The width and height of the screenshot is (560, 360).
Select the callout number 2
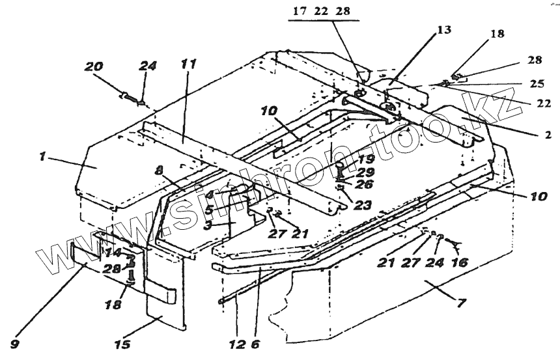pyautogui.click(x=548, y=135)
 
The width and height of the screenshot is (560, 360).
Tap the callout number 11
pyautogui.click(x=188, y=64)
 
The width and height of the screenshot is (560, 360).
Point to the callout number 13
pyautogui.click(x=444, y=30)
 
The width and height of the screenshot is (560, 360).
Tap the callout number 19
pyautogui.click(x=365, y=159)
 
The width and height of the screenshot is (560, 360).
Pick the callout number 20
pyautogui.click(x=94, y=66)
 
